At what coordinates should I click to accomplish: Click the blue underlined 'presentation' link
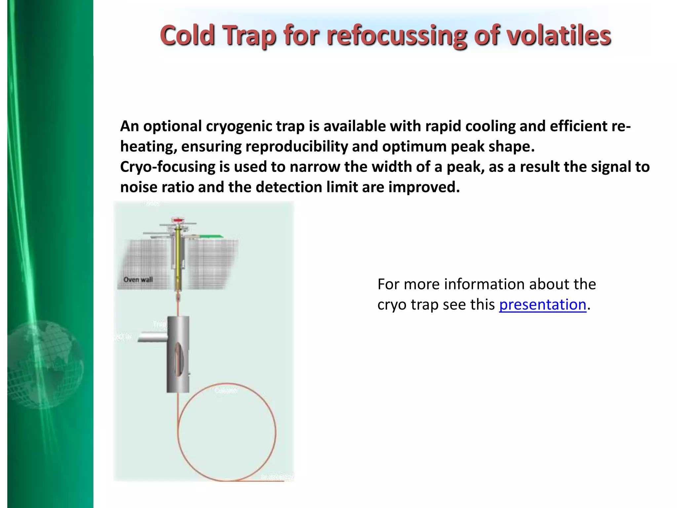542,305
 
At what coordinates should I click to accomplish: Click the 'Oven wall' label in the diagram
138,279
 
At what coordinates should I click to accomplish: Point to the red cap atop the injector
178,220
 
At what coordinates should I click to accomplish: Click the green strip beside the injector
211,236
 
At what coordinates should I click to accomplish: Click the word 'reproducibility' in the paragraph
297,147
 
